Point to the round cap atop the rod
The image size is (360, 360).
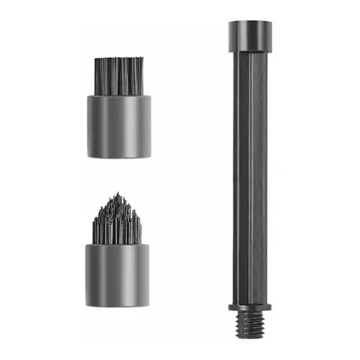coord(250,35)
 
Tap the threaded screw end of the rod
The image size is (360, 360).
coord(250,324)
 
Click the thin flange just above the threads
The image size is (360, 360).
coord(250,306)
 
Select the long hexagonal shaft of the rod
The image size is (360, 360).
coord(250,176)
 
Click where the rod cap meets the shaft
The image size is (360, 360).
coord(250,51)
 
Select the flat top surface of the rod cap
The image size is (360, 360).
coord(250,23)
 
